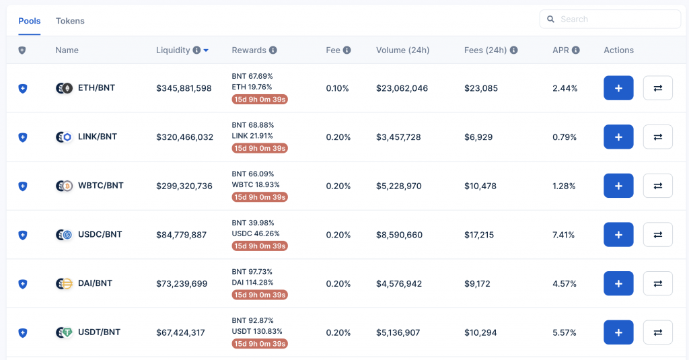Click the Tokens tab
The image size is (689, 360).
point(70,21)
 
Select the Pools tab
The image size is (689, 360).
point(30,21)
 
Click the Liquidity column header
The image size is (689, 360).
point(173,50)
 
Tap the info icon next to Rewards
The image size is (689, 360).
point(273,50)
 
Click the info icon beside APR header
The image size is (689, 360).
point(576,50)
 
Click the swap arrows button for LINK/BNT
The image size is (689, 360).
point(657,137)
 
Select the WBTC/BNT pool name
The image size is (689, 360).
point(101,186)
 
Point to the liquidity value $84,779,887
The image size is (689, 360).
point(181,235)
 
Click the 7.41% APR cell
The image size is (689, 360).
point(565,235)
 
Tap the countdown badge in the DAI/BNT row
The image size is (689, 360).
point(260,295)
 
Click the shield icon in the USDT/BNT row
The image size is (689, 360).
point(22,332)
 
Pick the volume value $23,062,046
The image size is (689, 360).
point(402,88)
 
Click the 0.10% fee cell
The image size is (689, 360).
point(338,88)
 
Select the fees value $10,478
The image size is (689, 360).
point(480,186)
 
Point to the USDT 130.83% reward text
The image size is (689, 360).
point(257,332)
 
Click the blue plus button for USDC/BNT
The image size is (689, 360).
point(618,235)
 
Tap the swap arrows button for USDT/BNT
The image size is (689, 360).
point(657,332)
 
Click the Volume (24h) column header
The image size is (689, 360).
point(402,50)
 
